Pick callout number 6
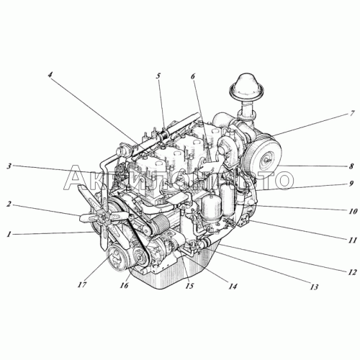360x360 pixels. point(194,76)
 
